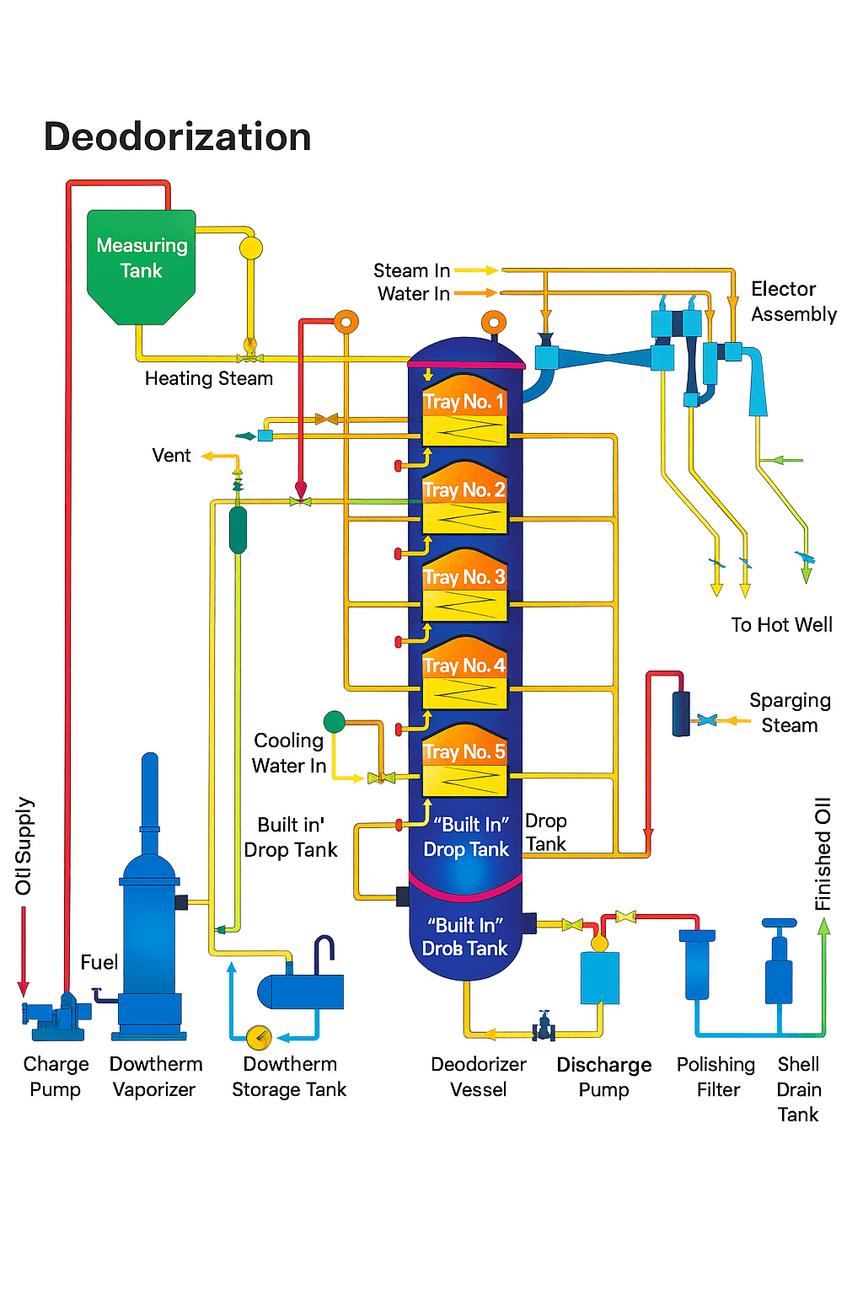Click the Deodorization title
177,136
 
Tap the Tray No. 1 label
464,401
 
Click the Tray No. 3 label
464,577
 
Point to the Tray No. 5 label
464,751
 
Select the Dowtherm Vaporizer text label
156,1077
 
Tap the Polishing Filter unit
697,965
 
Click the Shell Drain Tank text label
798,1088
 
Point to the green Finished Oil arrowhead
824,927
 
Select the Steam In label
411,270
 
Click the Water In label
413,294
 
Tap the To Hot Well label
781,624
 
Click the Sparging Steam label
790,713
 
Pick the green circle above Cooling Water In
335,721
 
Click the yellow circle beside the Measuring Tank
251,248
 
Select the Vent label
171,456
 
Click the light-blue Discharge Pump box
600,977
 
